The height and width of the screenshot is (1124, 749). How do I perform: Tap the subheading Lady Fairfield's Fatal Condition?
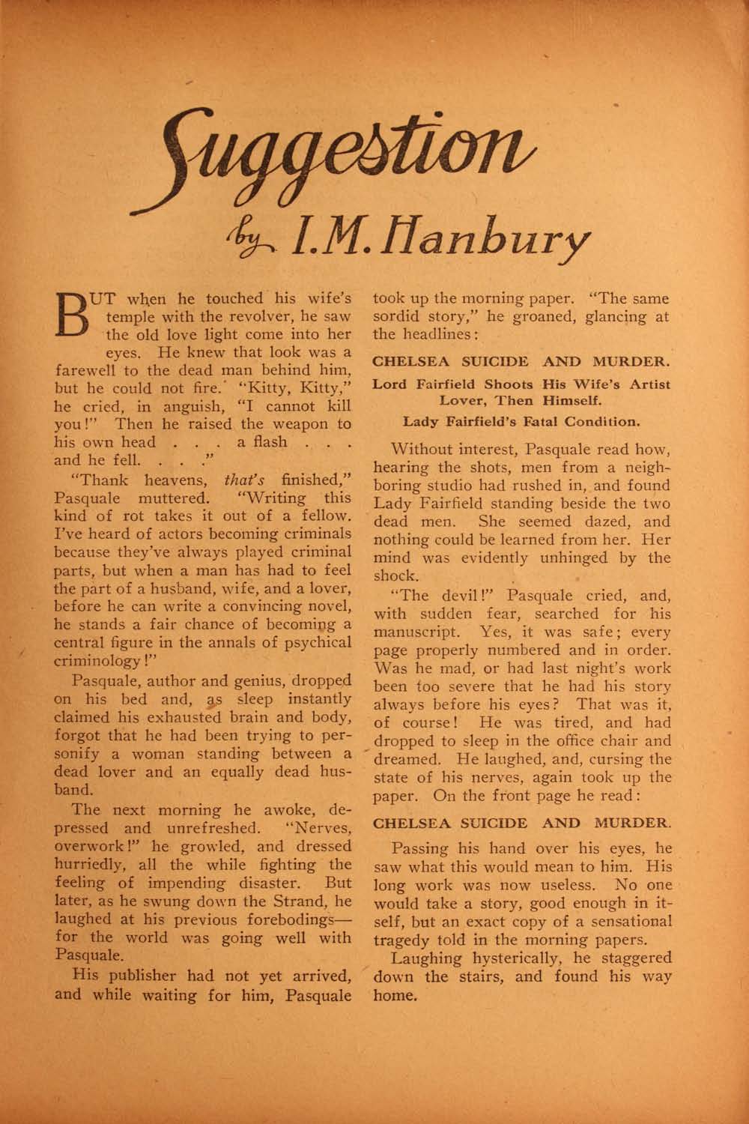pyautogui.click(x=521, y=420)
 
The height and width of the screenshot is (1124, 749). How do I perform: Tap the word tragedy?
pyautogui.click(x=403, y=939)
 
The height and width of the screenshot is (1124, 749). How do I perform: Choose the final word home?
pyautogui.click(x=392, y=994)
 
